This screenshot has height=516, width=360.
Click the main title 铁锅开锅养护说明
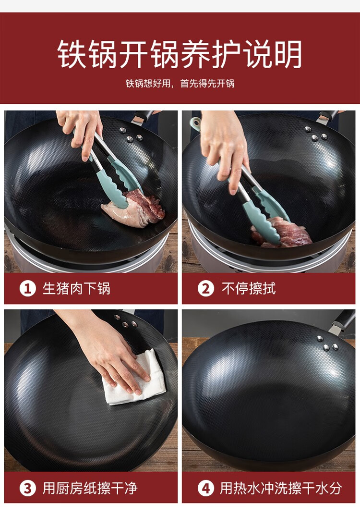coord(180,54)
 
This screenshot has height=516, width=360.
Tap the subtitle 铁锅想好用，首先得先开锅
coord(180,84)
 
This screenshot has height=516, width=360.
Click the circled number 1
coord(28,289)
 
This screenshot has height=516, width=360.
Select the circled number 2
coord(206,289)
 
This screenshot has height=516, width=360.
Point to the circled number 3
coord(28,488)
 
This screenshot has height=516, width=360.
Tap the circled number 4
coord(206,488)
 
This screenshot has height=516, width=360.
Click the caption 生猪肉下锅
coord(76,289)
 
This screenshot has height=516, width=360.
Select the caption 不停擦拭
coord(249,289)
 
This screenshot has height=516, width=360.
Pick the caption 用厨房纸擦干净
coord(90,488)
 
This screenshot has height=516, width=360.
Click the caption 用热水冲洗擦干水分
coord(281,488)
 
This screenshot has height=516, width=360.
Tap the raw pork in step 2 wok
coord(281,233)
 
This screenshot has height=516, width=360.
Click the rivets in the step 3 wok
coord(126,321)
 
